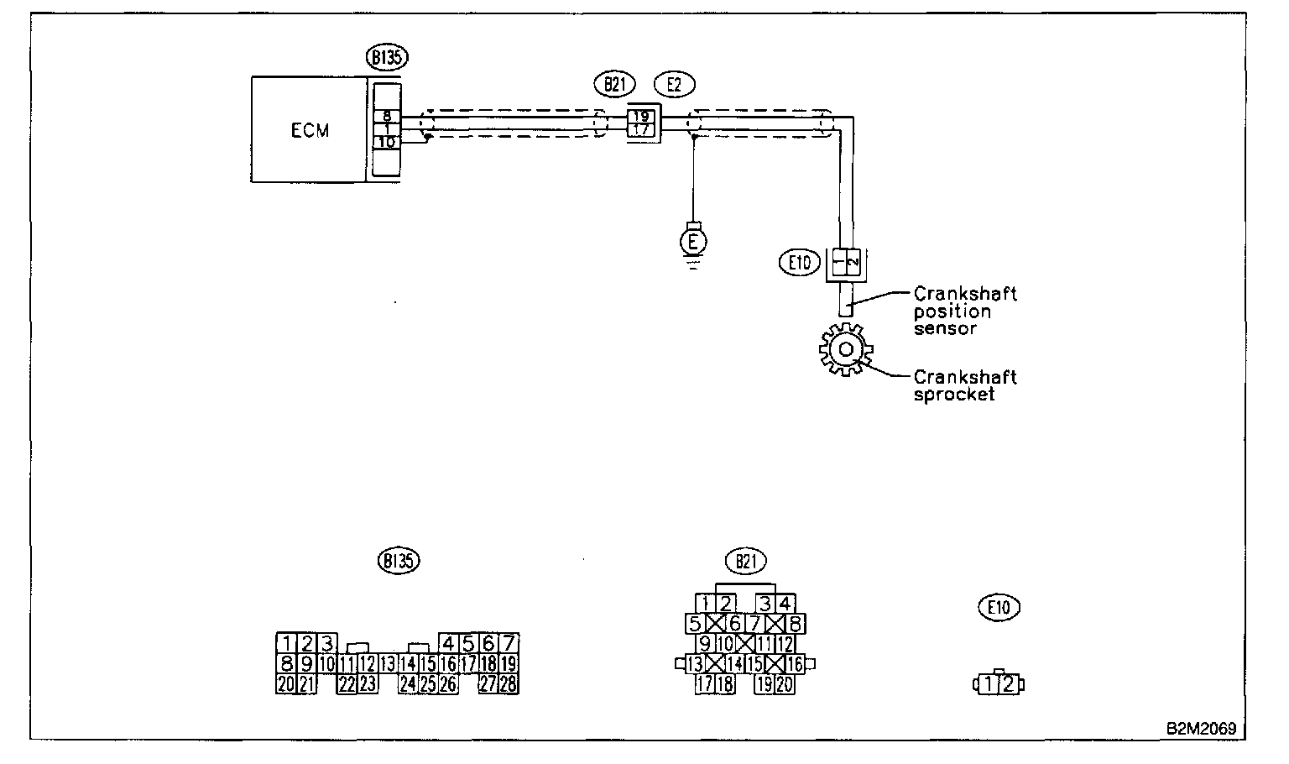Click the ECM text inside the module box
tap(310, 130)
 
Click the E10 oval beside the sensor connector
tap(800, 263)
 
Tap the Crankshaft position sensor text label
tap(965, 311)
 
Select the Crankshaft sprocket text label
tap(965, 385)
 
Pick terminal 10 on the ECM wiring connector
tap(386, 143)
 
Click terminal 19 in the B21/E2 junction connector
tap(640, 117)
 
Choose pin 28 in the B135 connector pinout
tap(509, 684)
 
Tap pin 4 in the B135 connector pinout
tap(448, 644)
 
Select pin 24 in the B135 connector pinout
tap(408, 684)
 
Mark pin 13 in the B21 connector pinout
tap(695, 664)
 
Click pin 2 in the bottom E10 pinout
tap(1008, 684)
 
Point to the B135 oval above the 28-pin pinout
tap(399, 561)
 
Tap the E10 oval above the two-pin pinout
tap(999, 606)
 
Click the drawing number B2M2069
tap(1200, 729)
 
